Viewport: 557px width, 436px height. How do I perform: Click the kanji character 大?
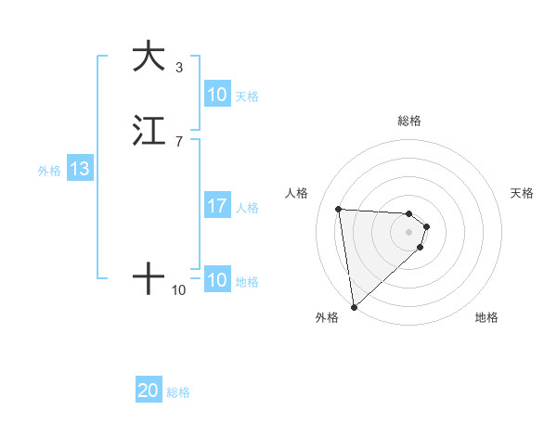(149, 57)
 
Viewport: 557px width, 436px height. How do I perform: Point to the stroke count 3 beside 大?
(179, 68)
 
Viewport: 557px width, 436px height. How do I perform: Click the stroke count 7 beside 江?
(179, 141)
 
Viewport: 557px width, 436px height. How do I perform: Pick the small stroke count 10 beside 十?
(179, 290)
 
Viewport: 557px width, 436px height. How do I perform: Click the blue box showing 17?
(217, 206)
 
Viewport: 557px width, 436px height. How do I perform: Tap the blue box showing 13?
(79, 170)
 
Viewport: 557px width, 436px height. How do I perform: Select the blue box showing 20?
(149, 391)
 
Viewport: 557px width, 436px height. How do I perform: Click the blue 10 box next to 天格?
(217, 95)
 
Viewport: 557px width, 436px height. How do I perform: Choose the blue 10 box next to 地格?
(217, 281)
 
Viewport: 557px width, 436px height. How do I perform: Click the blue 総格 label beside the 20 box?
(178, 392)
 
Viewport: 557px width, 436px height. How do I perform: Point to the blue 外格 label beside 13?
(49, 171)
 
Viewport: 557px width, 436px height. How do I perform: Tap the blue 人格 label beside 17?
(248, 207)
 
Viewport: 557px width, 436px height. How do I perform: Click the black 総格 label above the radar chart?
(409, 121)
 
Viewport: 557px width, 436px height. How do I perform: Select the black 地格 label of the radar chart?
(486, 317)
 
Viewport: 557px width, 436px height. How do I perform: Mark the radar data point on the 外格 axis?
(353, 306)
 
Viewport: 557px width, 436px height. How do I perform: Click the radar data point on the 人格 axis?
(339, 209)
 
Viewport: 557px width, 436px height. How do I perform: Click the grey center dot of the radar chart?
(409, 232)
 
